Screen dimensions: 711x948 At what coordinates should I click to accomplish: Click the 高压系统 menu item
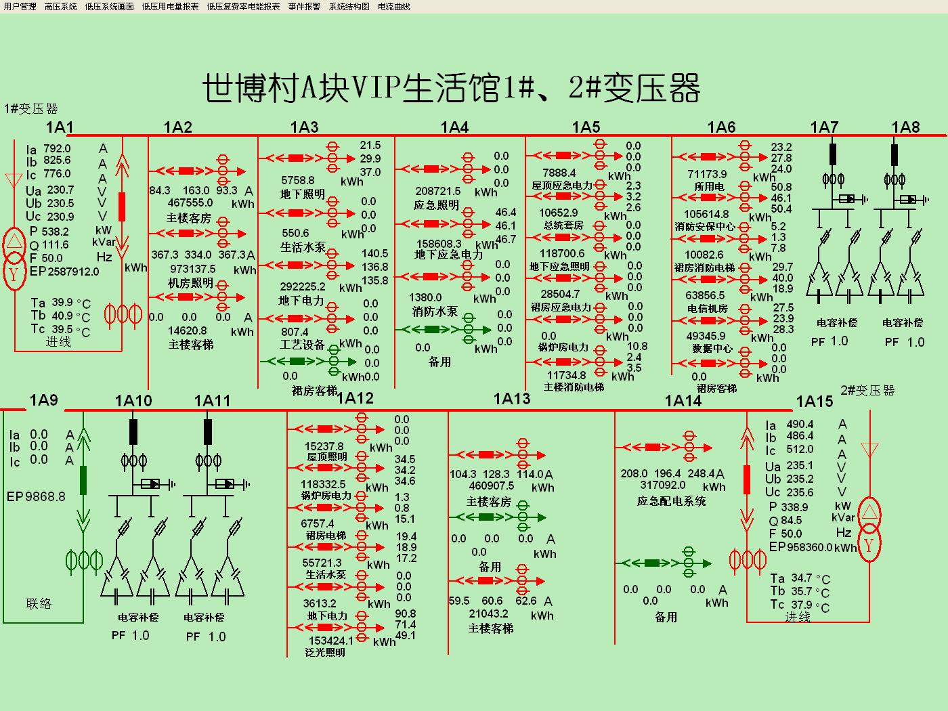[x=61, y=7]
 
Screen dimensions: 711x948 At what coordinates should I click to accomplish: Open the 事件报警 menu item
[x=304, y=7]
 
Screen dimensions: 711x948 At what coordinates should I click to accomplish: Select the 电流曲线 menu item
[x=393, y=7]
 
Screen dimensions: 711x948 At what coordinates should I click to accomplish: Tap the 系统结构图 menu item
[x=349, y=7]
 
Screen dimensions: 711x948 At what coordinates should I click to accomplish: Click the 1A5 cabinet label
[x=586, y=127]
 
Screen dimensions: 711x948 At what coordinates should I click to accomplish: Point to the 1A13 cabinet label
[x=512, y=399]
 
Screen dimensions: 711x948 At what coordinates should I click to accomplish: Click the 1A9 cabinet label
[x=43, y=400]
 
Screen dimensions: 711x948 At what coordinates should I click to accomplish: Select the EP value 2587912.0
[x=73, y=272]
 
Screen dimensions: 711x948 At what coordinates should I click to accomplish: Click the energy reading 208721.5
[x=438, y=192]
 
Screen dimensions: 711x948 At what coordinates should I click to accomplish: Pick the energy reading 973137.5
[x=192, y=269]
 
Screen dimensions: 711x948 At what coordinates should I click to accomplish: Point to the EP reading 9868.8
[x=45, y=497]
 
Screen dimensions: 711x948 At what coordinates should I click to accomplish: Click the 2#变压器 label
[x=867, y=391]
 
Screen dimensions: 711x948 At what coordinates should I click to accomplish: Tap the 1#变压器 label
[x=31, y=108]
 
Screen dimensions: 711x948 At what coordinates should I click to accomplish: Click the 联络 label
[x=39, y=603]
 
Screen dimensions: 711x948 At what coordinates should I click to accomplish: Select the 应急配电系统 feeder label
[x=671, y=501]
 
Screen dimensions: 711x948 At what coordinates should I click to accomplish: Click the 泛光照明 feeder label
[x=325, y=652]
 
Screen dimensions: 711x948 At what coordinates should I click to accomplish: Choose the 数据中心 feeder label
[x=712, y=348]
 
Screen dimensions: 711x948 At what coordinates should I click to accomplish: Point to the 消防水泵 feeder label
[x=435, y=311]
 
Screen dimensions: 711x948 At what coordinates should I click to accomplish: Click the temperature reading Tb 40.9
[x=62, y=316]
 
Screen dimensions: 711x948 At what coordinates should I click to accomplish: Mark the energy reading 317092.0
[x=663, y=485]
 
